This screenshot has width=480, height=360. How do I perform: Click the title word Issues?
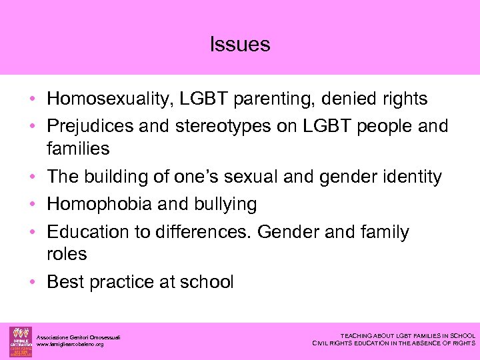click(x=240, y=45)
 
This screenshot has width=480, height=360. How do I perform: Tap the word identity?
click(x=409, y=177)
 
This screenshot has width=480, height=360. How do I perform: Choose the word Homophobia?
click(x=99, y=204)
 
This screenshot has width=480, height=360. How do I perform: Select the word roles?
click(x=67, y=254)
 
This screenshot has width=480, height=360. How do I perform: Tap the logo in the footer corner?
click(x=19, y=341)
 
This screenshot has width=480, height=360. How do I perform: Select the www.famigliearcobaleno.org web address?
click(x=70, y=344)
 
